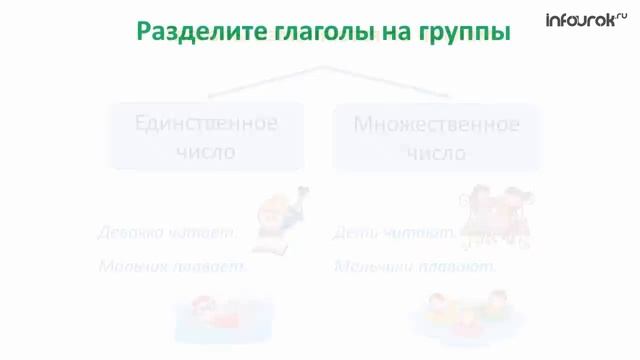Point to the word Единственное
[x=206, y=124]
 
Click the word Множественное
[x=436, y=125]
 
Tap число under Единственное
[x=206, y=153]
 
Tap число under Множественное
[x=436, y=154]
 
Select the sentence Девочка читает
[x=167, y=233]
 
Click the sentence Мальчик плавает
[x=172, y=267]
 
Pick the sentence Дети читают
[x=394, y=233]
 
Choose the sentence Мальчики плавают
[x=414, y=267]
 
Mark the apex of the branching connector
[x=323, y=68]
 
